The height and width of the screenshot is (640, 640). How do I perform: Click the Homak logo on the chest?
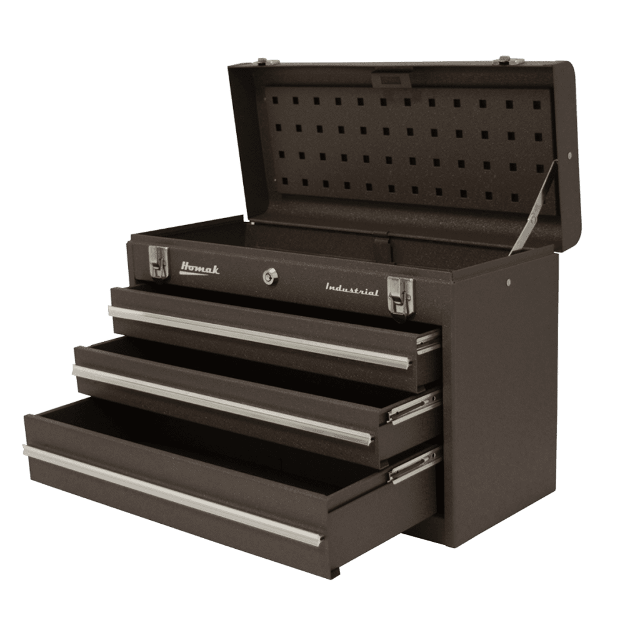(x=199, y=269)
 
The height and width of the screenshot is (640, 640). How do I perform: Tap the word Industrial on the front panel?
(x=352, y=290)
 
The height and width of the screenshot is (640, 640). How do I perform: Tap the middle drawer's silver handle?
(x=223, y=402)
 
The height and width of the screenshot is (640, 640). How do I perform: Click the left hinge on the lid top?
(x=267, y=62)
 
